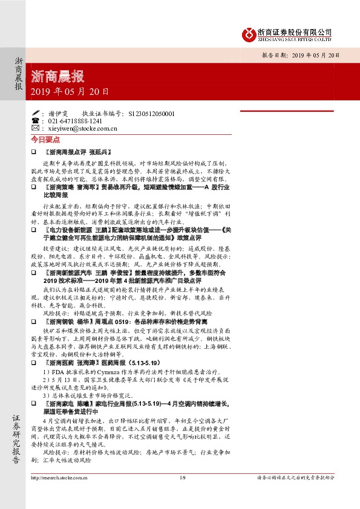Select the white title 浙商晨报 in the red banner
tap(57, 77)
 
